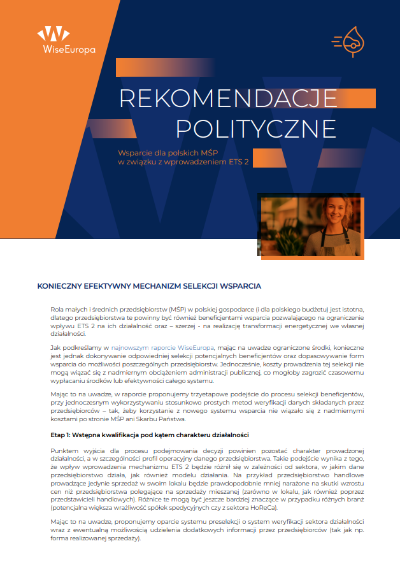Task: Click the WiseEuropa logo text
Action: [x=66, y=50]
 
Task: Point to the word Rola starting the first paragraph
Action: [x=57, y=309]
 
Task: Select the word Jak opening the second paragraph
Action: [x=55, y=347]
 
